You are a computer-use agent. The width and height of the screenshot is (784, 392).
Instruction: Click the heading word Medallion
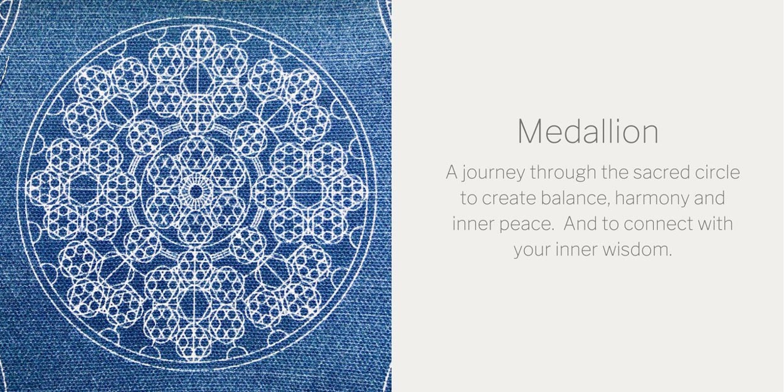[x=588, y=131]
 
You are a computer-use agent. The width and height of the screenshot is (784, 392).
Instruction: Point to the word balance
[x=573, y=198]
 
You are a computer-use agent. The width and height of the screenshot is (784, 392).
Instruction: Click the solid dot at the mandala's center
[x=196, y=191]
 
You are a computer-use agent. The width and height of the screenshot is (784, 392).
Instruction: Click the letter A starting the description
[x=452, y=172]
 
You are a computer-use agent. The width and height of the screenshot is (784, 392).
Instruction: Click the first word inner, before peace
[x=473, y=224]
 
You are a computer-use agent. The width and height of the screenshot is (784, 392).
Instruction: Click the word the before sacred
[x=615, y=172]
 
